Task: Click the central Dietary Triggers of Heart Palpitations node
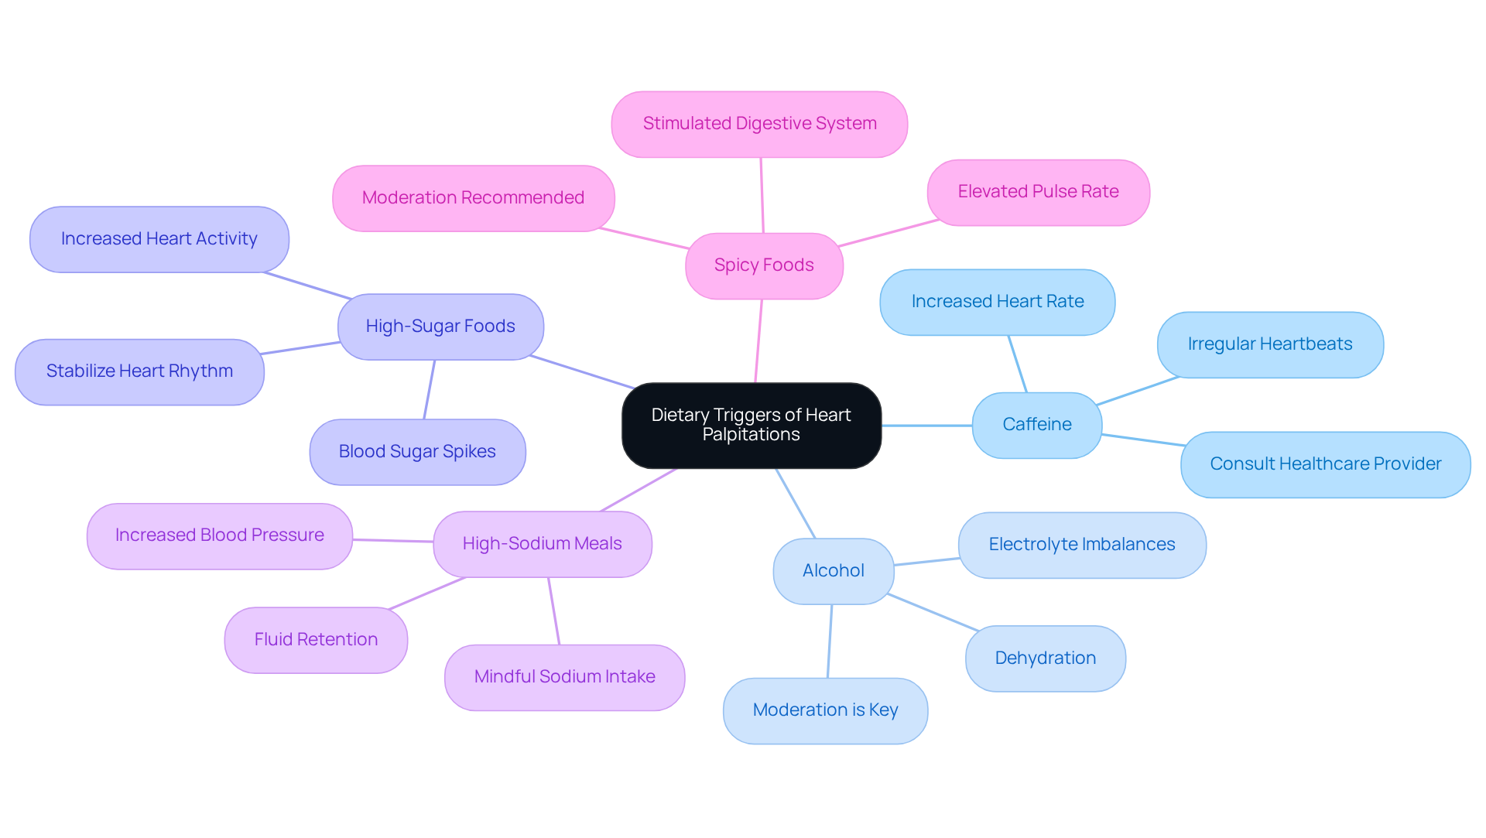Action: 751,425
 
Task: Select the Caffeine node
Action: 1036,425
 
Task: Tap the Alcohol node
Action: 833,571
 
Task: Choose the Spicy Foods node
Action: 763,265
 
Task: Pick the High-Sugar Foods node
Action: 440,327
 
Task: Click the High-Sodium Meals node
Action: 542,544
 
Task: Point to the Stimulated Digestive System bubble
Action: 758,124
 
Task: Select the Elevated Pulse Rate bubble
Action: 1037,192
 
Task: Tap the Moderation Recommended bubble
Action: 473,198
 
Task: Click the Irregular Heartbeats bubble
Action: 1269,344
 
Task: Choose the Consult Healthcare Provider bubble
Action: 1324,464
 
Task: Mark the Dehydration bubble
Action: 1045,658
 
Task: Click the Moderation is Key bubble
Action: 825,710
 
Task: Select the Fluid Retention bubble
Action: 316,640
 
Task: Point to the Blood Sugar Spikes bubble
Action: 417,452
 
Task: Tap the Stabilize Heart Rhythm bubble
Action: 139,371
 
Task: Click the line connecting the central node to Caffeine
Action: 926,425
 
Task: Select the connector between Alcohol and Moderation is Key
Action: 830,641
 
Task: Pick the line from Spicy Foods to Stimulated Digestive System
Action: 762,195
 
